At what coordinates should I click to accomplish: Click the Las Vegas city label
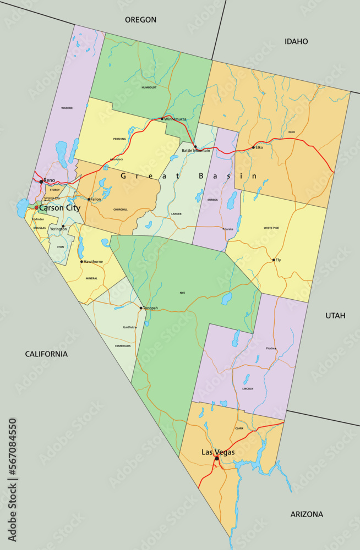(218, 452)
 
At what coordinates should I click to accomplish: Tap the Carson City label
(59, 208)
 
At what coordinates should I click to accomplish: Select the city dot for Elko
(253, 147)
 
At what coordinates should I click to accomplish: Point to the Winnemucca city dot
(162, 119)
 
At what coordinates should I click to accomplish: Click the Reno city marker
(41, 181)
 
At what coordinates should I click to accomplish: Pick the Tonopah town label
(150, 308)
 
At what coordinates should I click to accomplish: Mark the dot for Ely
(274, 260)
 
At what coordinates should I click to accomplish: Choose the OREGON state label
(140, 20)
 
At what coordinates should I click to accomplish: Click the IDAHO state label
(296, 41)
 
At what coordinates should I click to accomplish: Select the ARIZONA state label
(307, 514)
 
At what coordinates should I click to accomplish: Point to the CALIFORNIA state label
(46, 354)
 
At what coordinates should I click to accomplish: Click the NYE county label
(182, 293)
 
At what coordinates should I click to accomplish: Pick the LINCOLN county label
(248, 389)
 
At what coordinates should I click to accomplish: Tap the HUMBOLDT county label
(149, 87)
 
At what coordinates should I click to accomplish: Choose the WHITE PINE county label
(271, 228)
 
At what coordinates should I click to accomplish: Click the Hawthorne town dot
(81, 261)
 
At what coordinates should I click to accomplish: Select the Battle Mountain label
(196, 150)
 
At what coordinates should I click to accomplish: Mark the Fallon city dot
(89, 199)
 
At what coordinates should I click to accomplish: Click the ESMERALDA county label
(123, 346)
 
